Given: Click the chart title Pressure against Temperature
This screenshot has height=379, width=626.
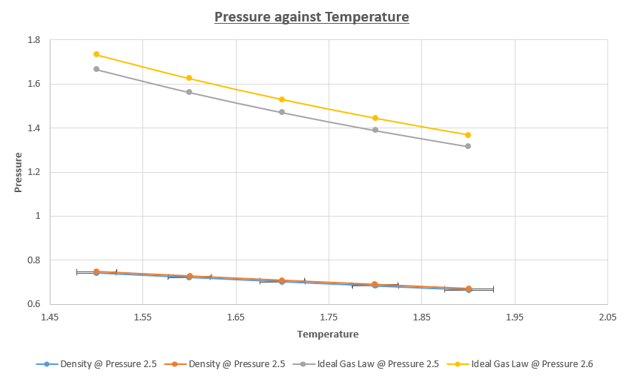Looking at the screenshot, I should pos(312,16).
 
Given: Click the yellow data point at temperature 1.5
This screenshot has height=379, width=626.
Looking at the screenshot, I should pos(96,54).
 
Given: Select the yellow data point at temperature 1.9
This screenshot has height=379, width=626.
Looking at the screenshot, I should pos(468,135).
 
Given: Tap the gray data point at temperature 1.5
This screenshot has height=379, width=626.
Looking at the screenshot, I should pos(96,69).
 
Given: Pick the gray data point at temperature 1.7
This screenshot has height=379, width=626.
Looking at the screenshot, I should pos(282,112).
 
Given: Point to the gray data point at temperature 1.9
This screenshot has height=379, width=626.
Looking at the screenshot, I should pos(468,146).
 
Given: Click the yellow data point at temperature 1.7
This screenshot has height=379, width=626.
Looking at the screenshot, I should pos(282,99).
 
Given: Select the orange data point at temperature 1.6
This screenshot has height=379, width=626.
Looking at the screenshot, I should pos(189,276).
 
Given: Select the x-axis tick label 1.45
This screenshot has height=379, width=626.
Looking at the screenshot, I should pos(50,317).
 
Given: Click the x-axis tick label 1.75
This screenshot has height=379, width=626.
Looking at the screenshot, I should pos(329,317).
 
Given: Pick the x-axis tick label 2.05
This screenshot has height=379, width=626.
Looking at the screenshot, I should pos(607,317).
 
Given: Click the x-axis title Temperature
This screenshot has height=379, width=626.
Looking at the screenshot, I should pos(328,334).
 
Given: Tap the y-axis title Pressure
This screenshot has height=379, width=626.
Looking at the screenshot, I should pos(18,172).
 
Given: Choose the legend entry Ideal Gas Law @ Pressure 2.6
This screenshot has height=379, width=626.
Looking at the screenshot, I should pos(532,364).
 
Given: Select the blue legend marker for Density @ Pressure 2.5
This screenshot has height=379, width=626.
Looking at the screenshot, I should pos(47,364).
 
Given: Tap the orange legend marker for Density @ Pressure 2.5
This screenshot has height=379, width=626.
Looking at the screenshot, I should pos(175,364).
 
